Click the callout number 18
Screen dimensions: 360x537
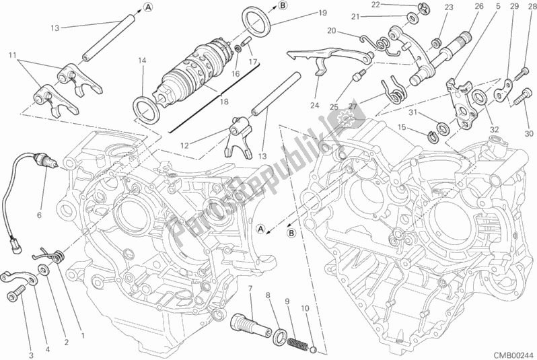click(x=223, y=102)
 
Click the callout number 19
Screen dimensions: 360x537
click(x=322, y=13)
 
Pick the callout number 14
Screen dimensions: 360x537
click(x=142, y=61)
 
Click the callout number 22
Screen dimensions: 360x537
click(x=394, y=5)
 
